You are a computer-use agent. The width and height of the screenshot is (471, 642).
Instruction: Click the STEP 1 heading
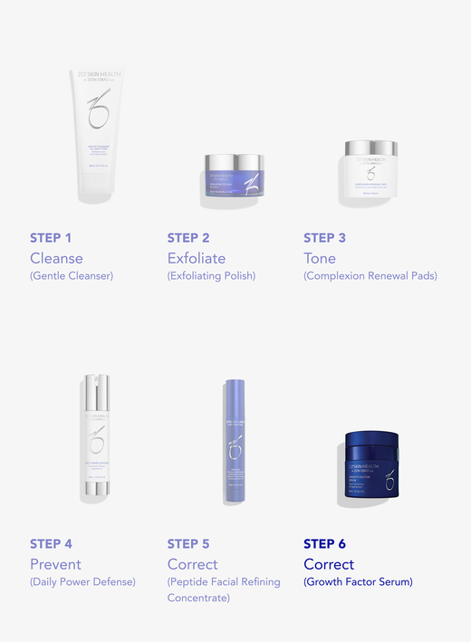[51, 238]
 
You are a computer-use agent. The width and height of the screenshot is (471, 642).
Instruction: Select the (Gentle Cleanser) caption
[72, 276]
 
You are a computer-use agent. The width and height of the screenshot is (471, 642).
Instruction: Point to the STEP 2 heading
[188, 238]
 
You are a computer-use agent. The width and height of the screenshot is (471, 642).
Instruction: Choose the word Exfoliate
[197, 258]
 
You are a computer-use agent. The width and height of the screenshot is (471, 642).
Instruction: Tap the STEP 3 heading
[324, 238]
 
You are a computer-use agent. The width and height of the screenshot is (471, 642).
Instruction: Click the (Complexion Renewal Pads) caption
[370, 276]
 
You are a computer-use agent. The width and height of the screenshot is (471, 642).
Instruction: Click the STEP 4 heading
[51, 544]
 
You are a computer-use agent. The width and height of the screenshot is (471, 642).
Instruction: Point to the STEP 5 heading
[188, 544]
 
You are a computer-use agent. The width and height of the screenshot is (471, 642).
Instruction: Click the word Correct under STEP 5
[193, 564]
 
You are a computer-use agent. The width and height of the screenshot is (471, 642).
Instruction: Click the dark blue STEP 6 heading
[324, 544]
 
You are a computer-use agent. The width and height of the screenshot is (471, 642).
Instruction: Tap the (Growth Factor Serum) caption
[358, 582]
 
